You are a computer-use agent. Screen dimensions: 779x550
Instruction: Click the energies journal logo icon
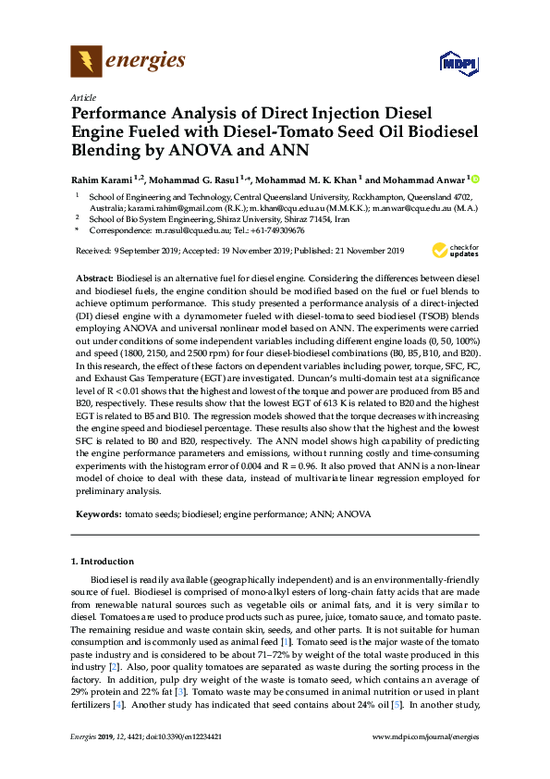pyautogui.click(x=86, y=62)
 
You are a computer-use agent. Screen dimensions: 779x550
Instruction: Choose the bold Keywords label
pyautogui.click(x=96, y=512)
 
